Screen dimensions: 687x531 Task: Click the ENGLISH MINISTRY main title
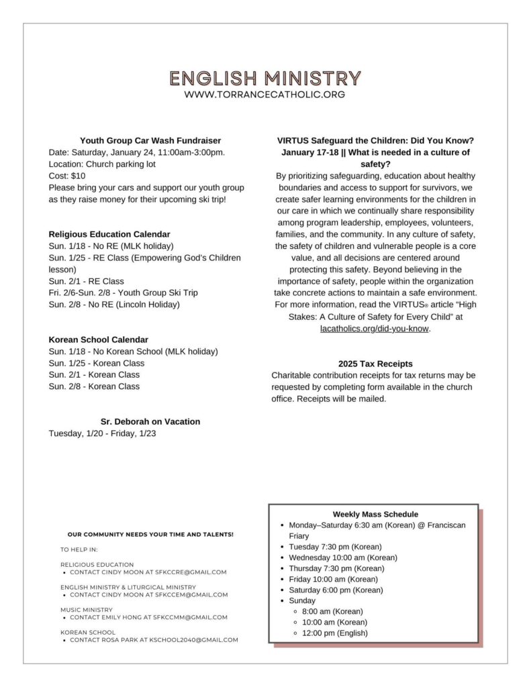click(265, 78)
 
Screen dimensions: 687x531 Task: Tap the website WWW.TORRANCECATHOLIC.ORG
click(265, 95)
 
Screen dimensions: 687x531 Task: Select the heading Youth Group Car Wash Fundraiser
click(150, 140)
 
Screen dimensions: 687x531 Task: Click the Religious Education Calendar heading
click(109, 234)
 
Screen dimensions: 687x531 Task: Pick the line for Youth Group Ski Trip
click(123, 293)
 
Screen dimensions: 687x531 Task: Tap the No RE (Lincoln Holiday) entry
click(114, 304)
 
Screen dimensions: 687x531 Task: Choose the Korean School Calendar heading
click(99, 339)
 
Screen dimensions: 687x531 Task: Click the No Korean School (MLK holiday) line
click(133, 351)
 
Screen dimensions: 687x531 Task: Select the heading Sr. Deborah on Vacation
click(150, 421)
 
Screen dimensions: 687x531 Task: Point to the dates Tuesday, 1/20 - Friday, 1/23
click(103, 433)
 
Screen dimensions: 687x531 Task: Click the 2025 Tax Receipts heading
click(375, 364)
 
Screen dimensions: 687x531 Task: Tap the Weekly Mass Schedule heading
click(375, 514)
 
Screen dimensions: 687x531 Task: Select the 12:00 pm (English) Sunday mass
click(335, 633)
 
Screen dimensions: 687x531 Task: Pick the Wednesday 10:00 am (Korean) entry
click(343, 558)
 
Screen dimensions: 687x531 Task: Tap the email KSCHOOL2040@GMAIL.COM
click(193, 640)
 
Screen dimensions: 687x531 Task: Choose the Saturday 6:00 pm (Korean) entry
click(335, 590)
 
